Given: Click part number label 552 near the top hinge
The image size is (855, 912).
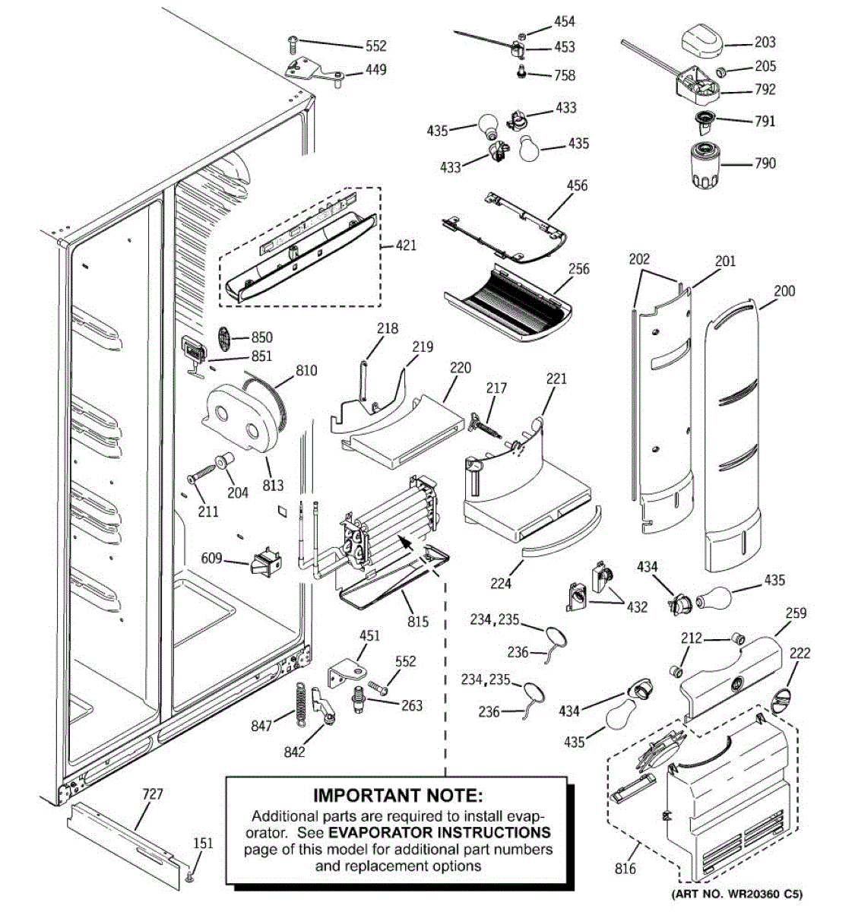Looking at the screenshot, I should tap(376, 46).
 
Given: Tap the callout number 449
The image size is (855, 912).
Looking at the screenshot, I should tap(376, 70).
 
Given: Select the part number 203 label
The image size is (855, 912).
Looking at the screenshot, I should tap(765, 43).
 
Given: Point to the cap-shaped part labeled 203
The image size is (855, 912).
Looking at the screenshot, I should tap(701, 37).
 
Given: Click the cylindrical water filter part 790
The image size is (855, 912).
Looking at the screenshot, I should tap(703, 163).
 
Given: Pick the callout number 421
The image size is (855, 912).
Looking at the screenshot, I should tap(406, 246).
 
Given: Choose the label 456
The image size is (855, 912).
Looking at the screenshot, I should tap(578, 185).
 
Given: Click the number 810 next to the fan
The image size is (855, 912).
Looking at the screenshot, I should tap(307, 371).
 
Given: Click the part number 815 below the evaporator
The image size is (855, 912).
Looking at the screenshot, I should tap(418, 622).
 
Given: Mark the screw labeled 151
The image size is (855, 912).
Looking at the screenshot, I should tap(192, 878).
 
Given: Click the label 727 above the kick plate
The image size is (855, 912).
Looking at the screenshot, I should tap(153, 795).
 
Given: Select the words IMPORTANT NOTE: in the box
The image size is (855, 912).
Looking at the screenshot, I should tap(398, 796).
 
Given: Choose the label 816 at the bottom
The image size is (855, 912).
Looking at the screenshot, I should tap(625, 869).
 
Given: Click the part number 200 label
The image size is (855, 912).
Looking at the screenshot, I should tap(784, 291).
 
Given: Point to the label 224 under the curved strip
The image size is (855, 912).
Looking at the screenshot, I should tap(501, 584).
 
